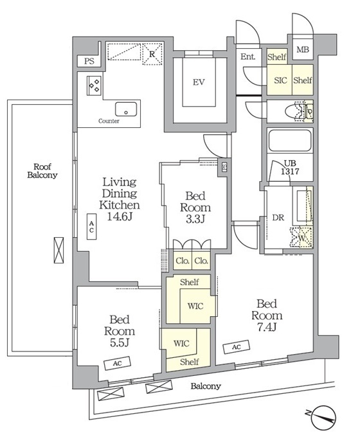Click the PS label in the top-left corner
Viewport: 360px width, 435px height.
pos(89,61)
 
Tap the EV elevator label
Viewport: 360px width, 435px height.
pos(199,82)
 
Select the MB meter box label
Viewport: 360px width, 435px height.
pos(302,49)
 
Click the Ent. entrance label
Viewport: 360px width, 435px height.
pos(248,57)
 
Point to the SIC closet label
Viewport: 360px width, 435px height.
pos(280,80)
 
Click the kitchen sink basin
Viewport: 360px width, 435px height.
pos(126,109)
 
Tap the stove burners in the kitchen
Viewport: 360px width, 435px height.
pos(94,85)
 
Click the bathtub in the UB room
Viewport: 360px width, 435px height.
pos(289,140)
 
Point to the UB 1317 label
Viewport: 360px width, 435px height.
pos(290,167)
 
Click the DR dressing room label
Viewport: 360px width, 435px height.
pos(278,218)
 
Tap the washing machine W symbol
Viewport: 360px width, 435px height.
pos(301,238)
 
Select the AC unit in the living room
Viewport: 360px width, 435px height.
pos(91,227)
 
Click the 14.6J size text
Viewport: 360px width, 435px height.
pos(120,217)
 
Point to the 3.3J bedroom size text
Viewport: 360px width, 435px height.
pos(195,219)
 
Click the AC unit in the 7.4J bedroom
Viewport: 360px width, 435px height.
pos(236,347)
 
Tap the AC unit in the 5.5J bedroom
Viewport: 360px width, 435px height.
pos(118,363)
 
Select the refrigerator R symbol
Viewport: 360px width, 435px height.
pos(152,54)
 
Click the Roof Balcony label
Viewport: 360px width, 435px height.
pos(42,171)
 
